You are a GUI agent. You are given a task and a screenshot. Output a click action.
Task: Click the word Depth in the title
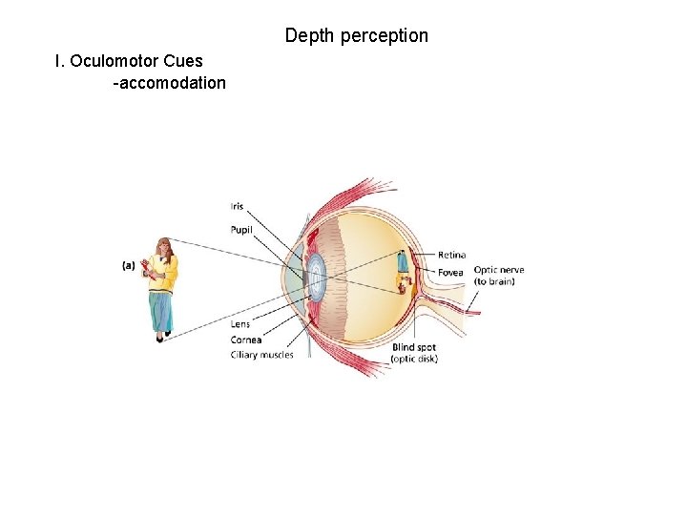tap(307, 36)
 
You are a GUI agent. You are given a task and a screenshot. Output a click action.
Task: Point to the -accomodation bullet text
tap(169, 83)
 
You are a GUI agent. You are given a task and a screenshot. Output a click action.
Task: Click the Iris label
tap(237, 207)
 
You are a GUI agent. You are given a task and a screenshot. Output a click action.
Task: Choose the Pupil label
tap(240, 229)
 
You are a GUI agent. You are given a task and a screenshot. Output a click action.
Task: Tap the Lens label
tap(239, 324)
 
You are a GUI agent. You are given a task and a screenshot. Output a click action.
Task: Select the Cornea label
tap(245, 340)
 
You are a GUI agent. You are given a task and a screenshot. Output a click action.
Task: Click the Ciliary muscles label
tap(261, 355)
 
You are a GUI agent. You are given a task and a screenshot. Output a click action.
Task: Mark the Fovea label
tap(450, 273)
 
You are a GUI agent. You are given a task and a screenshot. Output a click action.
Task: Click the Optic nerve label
tap(498, 270)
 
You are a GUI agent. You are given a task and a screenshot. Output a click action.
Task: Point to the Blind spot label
tap(414, 348)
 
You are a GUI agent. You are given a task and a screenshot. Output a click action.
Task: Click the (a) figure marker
tap(128, 266)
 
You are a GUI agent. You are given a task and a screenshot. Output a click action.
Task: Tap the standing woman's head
tap(164, 247)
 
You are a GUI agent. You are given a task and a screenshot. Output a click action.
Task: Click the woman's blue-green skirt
tap(161, 311)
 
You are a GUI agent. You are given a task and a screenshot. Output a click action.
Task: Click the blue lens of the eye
tap(317, 276)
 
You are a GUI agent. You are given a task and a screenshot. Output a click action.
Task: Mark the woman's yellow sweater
tap(164, 274)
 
